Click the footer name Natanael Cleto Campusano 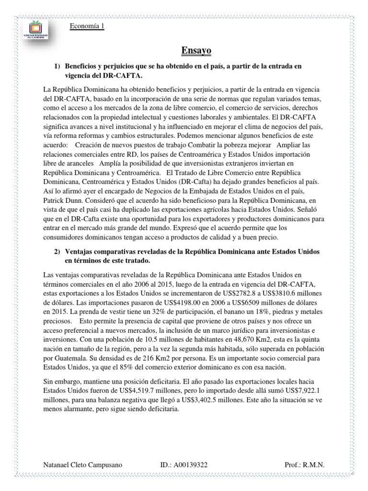tap(82, 464)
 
